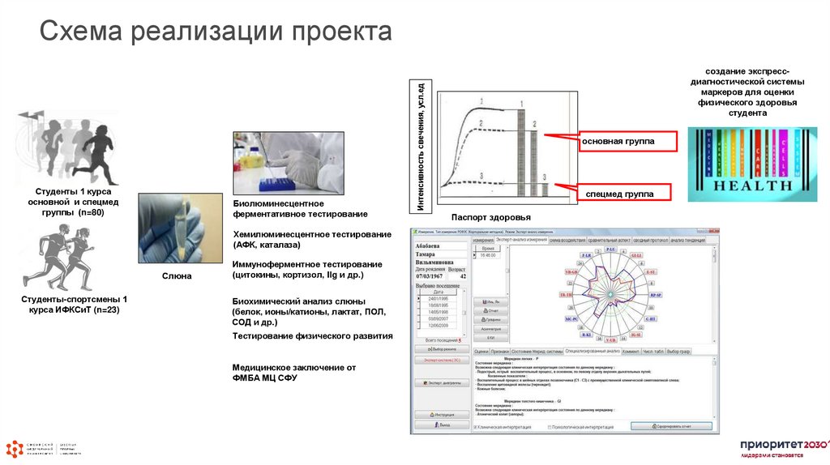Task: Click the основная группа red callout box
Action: pyautogui.click(x=617, y=141)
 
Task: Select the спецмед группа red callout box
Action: pyautogui.click(x=617, y=194)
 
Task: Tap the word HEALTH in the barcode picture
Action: pyautogui.click(x=752, y=185)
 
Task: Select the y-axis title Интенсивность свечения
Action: pyautogui.click(x=421, y=147)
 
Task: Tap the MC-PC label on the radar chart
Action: pyautogui.click(x=571, y=319)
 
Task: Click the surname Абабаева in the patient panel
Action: pyautogui.click(x=427, y=245)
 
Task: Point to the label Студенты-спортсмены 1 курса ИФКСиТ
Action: pyautogui.click(x=70, y=305)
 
